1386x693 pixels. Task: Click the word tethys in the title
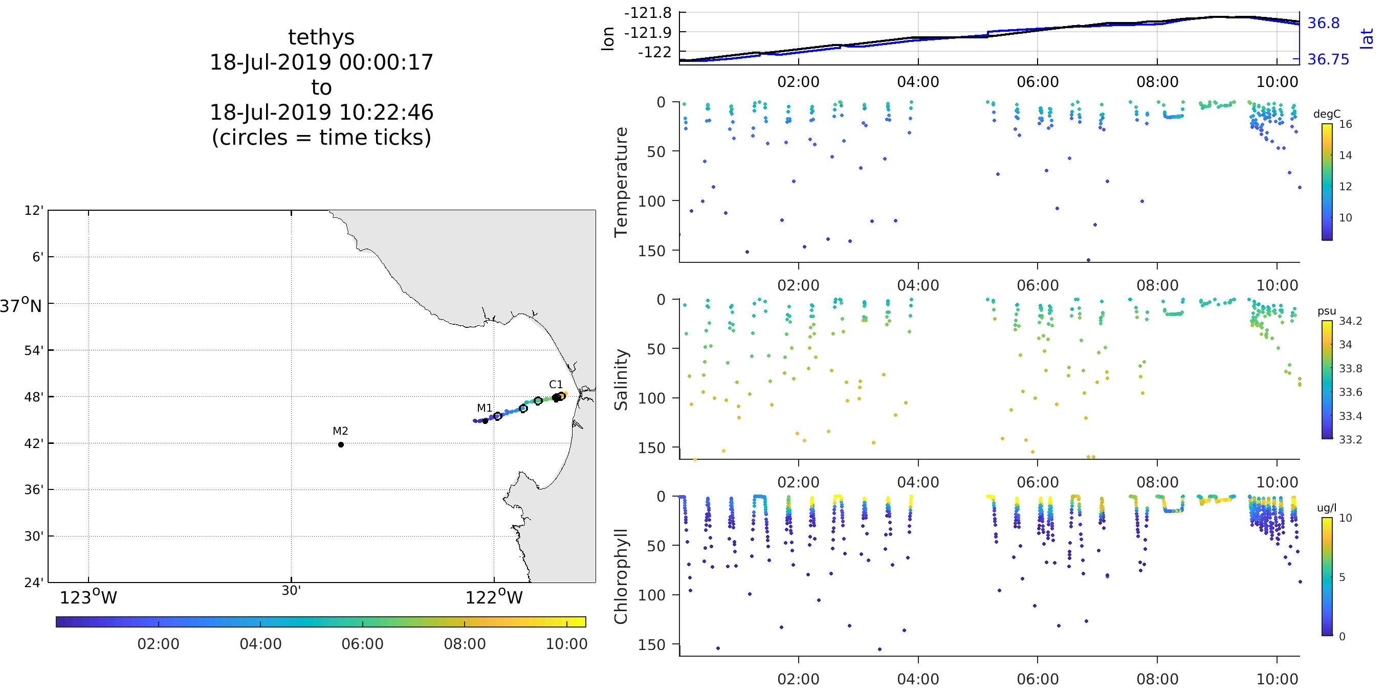[321, 37]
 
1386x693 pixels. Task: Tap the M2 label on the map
[340, 431]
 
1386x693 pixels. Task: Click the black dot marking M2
[341, 444]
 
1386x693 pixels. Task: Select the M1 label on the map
[484, 408]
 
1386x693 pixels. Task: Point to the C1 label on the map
[556, 384]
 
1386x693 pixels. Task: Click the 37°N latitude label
[20, 306]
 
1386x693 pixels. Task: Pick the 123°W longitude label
[88, 598]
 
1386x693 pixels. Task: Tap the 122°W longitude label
[494, 598]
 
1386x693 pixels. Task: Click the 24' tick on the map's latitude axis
[34, 583]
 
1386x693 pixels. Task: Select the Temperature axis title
[622, 182]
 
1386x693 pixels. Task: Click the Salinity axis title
[622, 379]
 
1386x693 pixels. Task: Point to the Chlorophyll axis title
[622, 576]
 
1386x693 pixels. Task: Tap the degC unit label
[1327, 114]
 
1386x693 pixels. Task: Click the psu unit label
[1327, 311]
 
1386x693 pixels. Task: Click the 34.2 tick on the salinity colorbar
[1351, 321]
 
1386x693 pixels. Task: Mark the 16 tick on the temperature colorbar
[1345, 124]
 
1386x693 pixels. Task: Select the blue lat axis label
[1367, 39]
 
